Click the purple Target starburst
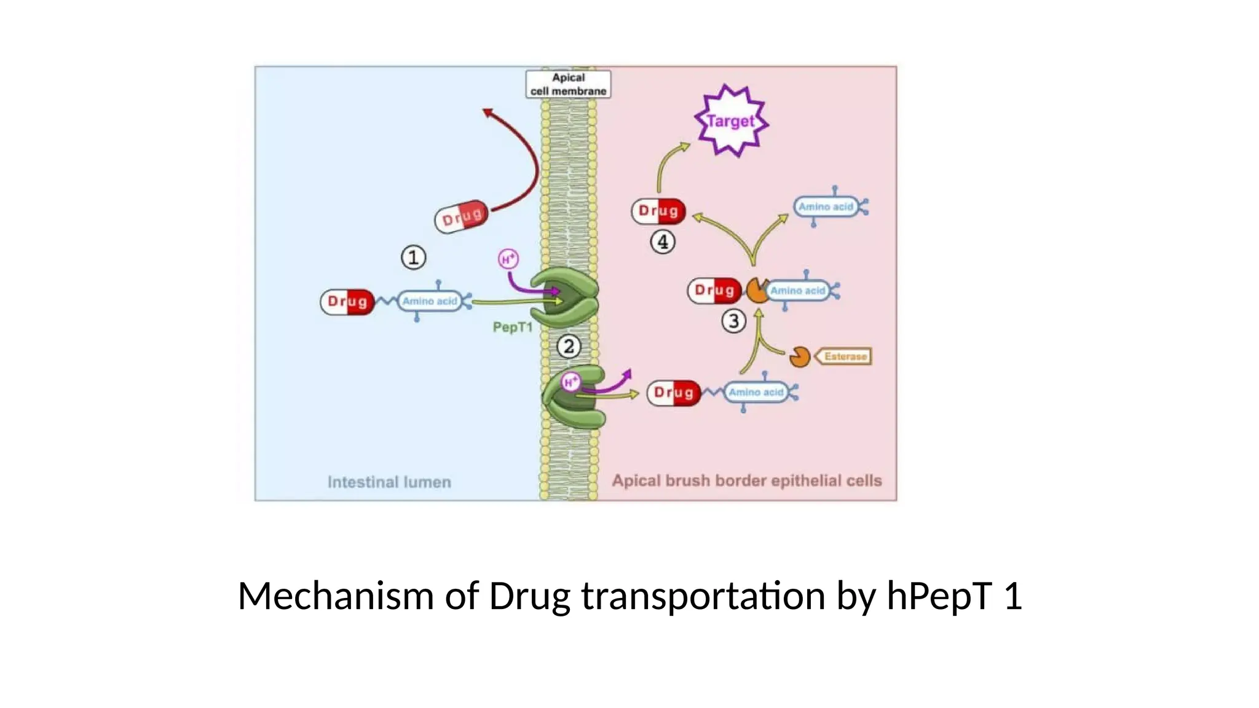tap(730, 121)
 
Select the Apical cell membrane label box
tap(568, 84)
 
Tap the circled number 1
tap(413, 258)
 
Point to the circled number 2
tap(569, 347)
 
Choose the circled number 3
tap(733, 321)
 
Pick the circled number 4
tap(663, 242)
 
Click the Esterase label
tap(845, 356)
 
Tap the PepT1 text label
tap(513, 327)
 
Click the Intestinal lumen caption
tap(389, 482)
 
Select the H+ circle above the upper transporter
tap(508, 259)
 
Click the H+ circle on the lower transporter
tap(570, 382)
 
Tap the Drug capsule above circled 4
tap(658, 211)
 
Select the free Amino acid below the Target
tap(826, 207)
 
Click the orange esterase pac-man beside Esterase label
tap(799, 356)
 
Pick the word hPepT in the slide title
tap(939, 596)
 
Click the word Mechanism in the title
tap(336, 596)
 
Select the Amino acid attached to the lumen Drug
tap(430, 301)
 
